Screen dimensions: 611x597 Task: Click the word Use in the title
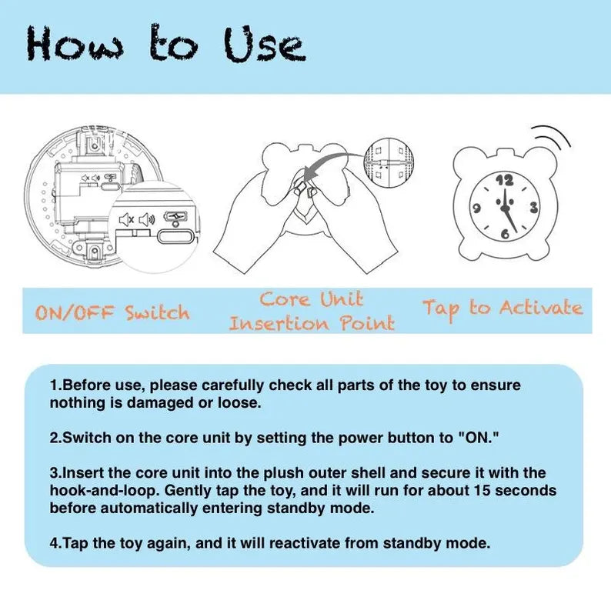coord(264,45)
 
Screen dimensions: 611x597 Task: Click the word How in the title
coord(75,43)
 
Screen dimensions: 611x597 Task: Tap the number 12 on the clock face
coord(505,180)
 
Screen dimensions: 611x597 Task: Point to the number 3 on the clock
coord(533,208)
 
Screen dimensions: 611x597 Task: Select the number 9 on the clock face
coord(476,208)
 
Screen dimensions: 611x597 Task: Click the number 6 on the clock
coord(505,234)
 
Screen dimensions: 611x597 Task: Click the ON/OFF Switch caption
coord(112,312)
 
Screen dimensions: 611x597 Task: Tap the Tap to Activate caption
coord(502,309)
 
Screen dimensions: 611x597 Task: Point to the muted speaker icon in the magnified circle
coord(127,220)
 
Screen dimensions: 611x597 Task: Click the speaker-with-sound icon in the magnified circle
coord(147,220)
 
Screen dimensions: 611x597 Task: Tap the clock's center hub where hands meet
coord(506,208)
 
